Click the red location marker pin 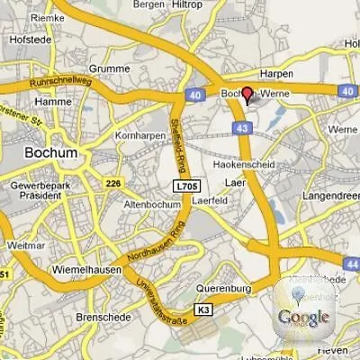click(247, 96)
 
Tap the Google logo click(303, 317)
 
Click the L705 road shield click(184, 185)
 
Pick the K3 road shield click(203, 310)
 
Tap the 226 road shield click(112, 184)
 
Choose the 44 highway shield click(351, 261)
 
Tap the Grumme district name click(112, 67)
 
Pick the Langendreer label click(330, 194)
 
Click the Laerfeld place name click(209, 201)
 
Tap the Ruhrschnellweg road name click(61, 82)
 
